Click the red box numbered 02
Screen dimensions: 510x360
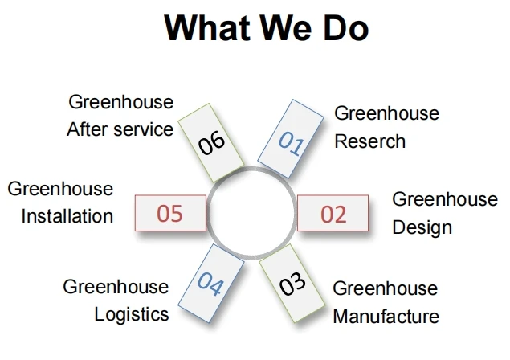coord(333,213)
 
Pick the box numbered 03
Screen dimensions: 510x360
coord(294,284)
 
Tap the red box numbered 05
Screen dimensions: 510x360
coord(170,213)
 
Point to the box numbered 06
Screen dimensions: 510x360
coord(210,141)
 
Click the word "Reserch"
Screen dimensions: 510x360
coord(369,141)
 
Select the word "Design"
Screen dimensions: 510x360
coord(422,227)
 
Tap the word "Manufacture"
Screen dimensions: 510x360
coord(386,315)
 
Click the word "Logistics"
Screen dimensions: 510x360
coord(132,313)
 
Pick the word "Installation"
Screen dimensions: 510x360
coord(67,216)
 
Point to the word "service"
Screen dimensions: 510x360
coord(143,129)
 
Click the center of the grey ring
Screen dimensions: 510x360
coord(252,213)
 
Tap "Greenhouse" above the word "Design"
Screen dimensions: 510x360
coord(444,198)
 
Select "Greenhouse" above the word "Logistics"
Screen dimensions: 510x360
coord(116,286)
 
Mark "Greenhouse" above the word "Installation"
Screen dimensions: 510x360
coord(60,190)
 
